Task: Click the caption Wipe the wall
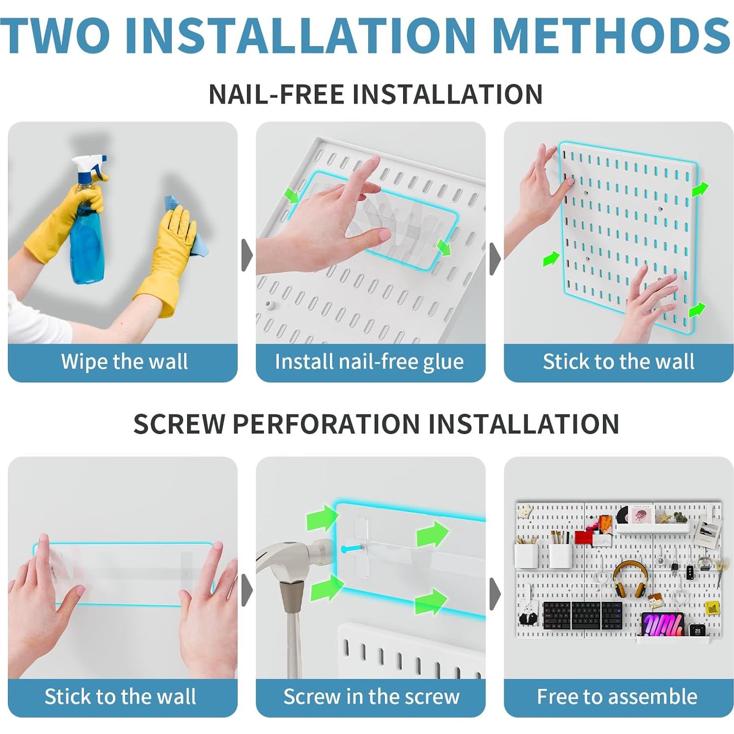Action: point(124,362)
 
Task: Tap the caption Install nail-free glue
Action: point(369,362)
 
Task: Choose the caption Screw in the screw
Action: point(371,697)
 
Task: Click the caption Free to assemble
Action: point(617,697)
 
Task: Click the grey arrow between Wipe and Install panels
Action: point(246,255)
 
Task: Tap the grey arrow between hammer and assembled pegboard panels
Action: point(495,594)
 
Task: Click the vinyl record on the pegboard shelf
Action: point(623,514)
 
